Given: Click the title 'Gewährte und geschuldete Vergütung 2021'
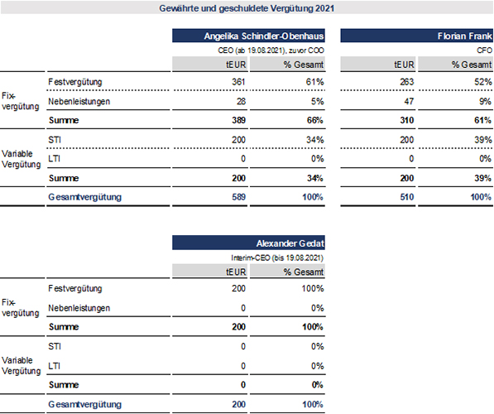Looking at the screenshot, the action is pyautogui.click(x=247, y=8).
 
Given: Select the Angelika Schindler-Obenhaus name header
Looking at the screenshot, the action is pyautogui.click(x=264, y=36).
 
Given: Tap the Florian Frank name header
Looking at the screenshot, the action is pyautogui.click(x=465, y=36).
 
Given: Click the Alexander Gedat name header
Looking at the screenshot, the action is pyautogui.click(x=290, y=243).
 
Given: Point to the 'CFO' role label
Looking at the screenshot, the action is pyautogui.click(x=484, y=51).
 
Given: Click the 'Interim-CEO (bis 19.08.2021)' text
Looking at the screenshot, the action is pyautogui.click(x=277, y=258).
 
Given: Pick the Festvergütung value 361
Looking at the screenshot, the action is pyautogui.click(x=238, y=82).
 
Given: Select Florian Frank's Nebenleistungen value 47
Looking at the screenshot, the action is pyautogui.click(x=409, y=102).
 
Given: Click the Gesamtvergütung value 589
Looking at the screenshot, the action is pyautogui.click(x=238, y=197).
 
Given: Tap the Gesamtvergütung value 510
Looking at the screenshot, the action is pyautogui.click(x=407, y=197).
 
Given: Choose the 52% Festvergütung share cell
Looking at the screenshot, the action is pyautogui.click(x=483, y=82).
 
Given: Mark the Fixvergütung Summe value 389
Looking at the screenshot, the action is pyautogui.click(x=238, y=120).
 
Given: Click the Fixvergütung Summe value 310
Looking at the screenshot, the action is pyautogui.click(x=407, y=120).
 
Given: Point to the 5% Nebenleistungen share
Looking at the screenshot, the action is pyautogui.click(x=318, y=102).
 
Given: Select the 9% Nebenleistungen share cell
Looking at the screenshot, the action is pyautogui.click(x=486, y=102).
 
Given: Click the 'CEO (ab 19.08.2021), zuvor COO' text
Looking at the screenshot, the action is pyautogui.click(x=271, y=51).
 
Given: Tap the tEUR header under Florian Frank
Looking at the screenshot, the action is pyautogui.click(x=404, y=65).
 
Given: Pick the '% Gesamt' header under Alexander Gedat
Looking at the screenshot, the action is pyautogui.click(x=304, y=272).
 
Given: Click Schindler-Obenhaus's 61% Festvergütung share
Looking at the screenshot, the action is pyautogui.click(x=314, y=82).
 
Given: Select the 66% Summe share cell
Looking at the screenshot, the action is pyautogui.click(x=314, y=120).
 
